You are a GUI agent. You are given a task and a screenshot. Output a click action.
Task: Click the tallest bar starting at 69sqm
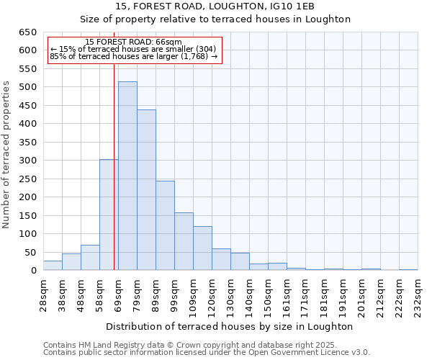(127, 176)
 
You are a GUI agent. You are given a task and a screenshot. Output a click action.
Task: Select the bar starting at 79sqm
(146, 190)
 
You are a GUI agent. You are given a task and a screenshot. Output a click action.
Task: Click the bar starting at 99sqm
(184, 241)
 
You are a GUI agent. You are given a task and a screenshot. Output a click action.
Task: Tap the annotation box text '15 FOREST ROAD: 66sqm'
(133, 42)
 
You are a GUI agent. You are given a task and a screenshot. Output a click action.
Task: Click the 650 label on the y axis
(27, 32)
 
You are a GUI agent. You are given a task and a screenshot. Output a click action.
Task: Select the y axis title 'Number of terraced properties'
(6, 155)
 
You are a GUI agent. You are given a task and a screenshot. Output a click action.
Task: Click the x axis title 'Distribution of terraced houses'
(230, 326)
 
